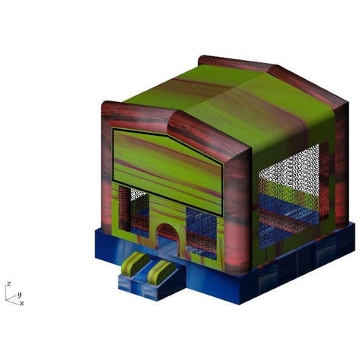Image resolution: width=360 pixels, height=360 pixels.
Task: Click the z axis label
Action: click(9, 283)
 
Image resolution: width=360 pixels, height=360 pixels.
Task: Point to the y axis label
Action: click(19, 294)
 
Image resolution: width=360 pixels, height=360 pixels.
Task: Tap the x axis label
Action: click(22, 303)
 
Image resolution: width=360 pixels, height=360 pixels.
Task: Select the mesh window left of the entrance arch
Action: click(133, 211)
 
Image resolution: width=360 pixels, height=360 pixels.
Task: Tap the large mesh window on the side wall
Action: click(290, 195)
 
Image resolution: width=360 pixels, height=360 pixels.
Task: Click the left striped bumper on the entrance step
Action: click(136, 263)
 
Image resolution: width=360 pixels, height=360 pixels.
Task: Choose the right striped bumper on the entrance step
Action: click(161, 271)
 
